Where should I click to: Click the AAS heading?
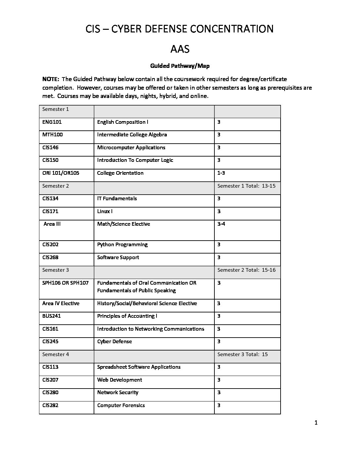tap(180, 49)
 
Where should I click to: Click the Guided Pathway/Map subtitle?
tap(180, 66)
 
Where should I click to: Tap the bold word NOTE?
tap(51, 79)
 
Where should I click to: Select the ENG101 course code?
tap(52, 122)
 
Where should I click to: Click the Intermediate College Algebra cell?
tap(132, 135)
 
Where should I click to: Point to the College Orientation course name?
tap(120, 173)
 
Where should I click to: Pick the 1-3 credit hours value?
tap(221, 173)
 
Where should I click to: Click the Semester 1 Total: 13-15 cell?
tap(246, 186)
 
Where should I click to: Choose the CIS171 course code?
tap(50, 211)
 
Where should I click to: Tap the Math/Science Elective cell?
tap(123, 224)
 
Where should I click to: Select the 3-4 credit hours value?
tap(221, 224)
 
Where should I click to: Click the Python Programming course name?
tap(122, 245)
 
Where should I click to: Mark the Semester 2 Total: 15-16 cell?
tap(246, 270)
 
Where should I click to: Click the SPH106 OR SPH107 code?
tap(66, 283)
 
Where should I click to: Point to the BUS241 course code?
tap(52, 316)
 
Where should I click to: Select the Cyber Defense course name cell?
tap(114, 342)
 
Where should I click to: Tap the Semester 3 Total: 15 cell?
tap(243, 354)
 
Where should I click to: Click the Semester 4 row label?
tap(56, 354)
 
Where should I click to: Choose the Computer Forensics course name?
tap(121, 405)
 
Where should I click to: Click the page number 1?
tap(316, 423)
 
